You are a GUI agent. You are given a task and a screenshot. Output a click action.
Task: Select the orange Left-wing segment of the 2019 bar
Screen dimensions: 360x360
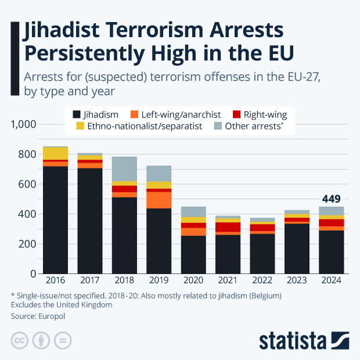tap(159, 200)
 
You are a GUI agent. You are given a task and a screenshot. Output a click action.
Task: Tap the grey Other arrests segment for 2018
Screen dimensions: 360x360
tap(124, 168)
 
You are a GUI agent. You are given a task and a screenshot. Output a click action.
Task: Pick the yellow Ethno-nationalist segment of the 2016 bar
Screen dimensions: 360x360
tap(56, 153)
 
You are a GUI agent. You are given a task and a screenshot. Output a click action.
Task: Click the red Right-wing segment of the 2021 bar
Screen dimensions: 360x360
tap(228, 227)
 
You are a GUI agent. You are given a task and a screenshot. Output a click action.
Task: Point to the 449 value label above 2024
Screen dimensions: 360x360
tap(331, 199)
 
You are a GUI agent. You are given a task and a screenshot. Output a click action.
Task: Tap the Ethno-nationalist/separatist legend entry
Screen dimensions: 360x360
tap(139, 126)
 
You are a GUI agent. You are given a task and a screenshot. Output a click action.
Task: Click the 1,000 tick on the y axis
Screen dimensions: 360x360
tap(24, 124)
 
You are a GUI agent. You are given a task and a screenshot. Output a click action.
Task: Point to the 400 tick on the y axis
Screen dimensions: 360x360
tap(28, 214)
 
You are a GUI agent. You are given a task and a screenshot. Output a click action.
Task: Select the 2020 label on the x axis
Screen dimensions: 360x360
tap(193, 280)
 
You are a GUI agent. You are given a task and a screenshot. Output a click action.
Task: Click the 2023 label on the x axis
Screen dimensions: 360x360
tap(297, 280)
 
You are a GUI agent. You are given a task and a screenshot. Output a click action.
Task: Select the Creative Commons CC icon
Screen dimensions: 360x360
tap(20, 340)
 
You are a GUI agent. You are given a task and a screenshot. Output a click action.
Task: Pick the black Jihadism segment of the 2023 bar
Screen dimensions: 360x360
tap(297, 249)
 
